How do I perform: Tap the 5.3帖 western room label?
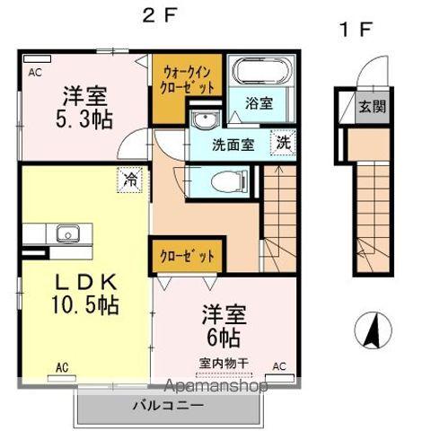pyautogui.click(x=88, y=108)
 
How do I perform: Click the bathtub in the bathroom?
pyautogui.click(x=253, y=73)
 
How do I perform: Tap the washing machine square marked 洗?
pyautogui.click(x=283, y=141)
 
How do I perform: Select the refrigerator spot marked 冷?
pyautogui.click(x=131, y=179)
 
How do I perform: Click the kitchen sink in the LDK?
pyautogui.click(x=65, y=235)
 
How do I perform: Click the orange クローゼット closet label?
pyautogui.click(x=189, y=256)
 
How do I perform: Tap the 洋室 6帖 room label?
pyautogui.click(x=224, y=328)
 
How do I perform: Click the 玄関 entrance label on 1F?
pyautogui.click(x=373, y=106)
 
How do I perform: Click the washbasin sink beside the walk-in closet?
pyautogui.click(x=201, y=121)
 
